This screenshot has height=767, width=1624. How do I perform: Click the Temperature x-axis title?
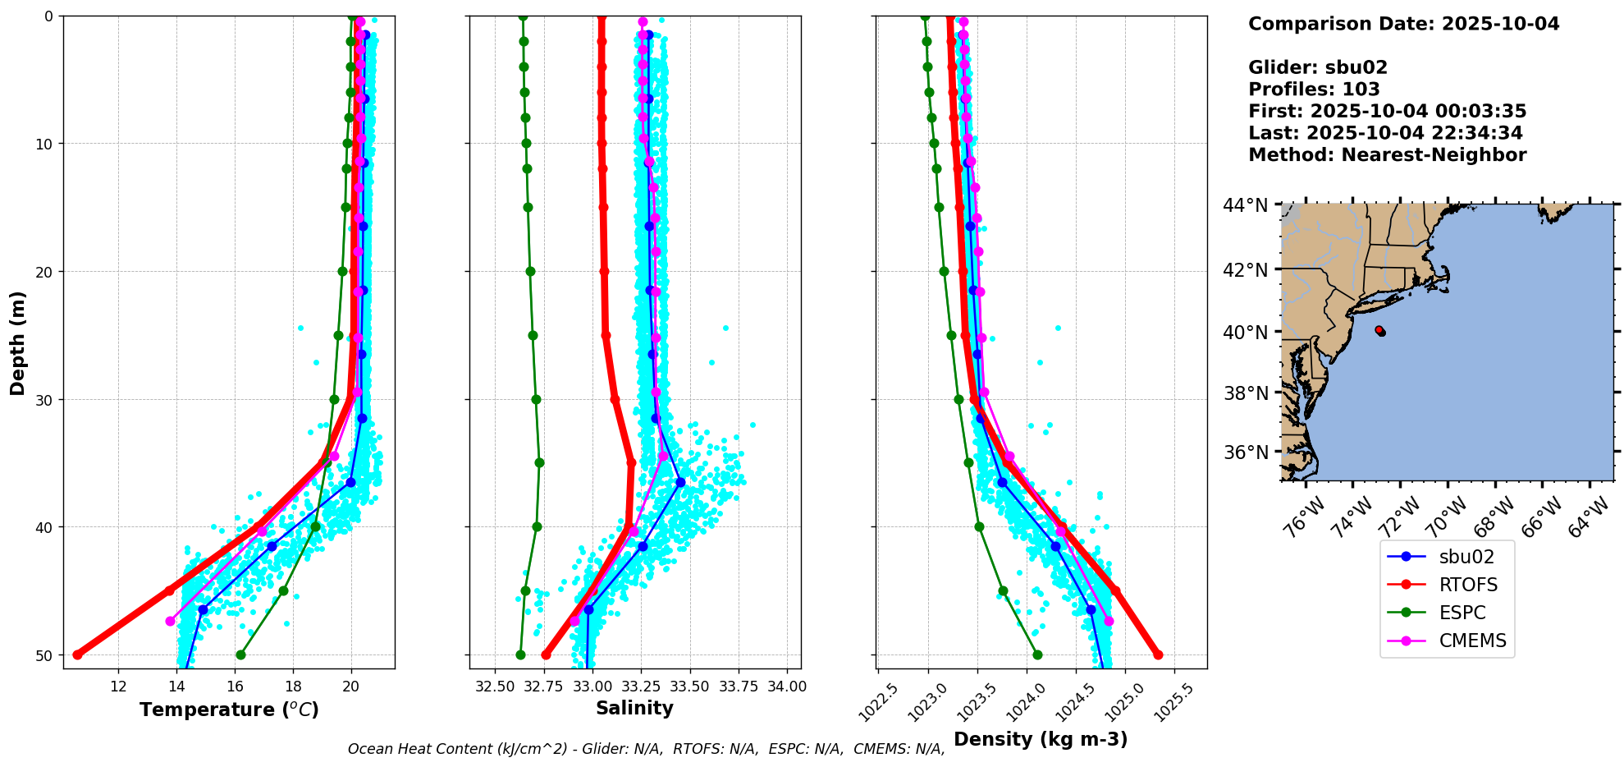coord(229,710)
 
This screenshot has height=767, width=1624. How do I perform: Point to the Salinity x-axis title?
coord(634,708)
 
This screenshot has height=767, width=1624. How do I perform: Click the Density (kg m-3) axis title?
coord(1041,739)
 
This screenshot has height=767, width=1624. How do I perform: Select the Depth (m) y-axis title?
coord(17,342)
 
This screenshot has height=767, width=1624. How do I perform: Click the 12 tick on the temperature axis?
coord(118,687)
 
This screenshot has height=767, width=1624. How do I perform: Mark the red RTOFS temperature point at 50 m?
coord(78,654)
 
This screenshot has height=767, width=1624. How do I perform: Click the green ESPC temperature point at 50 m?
coord(240,654)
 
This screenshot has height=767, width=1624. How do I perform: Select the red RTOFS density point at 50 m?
coord(1158,654)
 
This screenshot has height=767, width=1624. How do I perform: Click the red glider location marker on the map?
coord(1379,330)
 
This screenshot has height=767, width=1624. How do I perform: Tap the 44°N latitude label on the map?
coord(1245,205)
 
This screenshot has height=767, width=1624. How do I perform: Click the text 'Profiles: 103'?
coord(1314,90)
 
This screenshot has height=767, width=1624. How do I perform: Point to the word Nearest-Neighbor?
coord(1434,155)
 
